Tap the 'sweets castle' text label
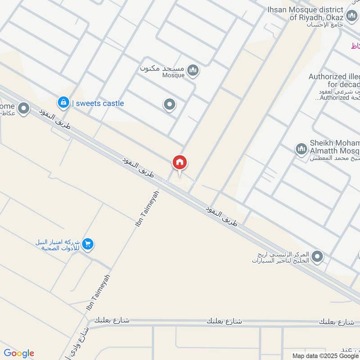click(x=99, y=103)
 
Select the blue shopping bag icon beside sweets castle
click(x=63, y=102)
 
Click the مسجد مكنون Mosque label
click(x=167, y=71)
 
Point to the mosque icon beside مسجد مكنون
click(x=193, y=71)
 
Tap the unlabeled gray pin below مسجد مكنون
click(x=169, y=105)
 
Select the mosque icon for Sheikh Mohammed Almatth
click(x=301, y=149)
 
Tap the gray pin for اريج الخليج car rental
click(x=318, y=257)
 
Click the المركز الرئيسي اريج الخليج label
click(x=281, y=257)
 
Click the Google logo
click(x=18, y=353)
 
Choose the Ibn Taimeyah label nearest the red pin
click(x=147, y=208)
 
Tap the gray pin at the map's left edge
click(x=23, y=108)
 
